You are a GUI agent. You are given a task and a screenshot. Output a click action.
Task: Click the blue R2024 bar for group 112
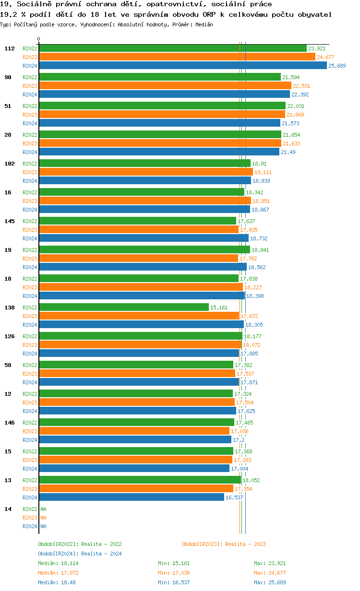click(x=182, y=66)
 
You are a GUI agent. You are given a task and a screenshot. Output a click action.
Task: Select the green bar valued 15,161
click(x=124, y=307)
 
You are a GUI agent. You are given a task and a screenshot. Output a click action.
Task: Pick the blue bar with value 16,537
click(x=132, y=497)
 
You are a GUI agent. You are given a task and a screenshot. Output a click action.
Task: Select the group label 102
click(x=10, y=164)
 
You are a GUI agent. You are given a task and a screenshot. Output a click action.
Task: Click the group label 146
click(x=10, y=423)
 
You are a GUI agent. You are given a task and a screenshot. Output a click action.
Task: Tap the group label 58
click(x=8, y=365)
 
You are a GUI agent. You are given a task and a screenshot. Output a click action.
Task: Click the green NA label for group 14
click(x=43, y=509)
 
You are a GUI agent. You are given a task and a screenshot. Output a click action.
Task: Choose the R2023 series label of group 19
click(x=30, y=259)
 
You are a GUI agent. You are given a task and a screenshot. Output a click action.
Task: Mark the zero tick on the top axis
click(x=39, y=39)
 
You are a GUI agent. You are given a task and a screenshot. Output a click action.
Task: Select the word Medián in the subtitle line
click(x=204, y=24)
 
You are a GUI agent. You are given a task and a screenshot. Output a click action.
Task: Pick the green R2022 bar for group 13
click(x=140, y=480)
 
